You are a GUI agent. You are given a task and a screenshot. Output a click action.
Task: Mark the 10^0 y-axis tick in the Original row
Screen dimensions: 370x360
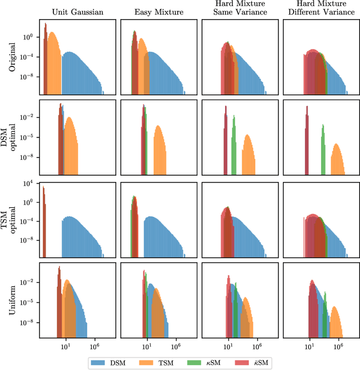click(29, 37)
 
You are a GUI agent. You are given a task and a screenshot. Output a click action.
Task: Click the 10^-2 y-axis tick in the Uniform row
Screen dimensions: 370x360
click(29, 282)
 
